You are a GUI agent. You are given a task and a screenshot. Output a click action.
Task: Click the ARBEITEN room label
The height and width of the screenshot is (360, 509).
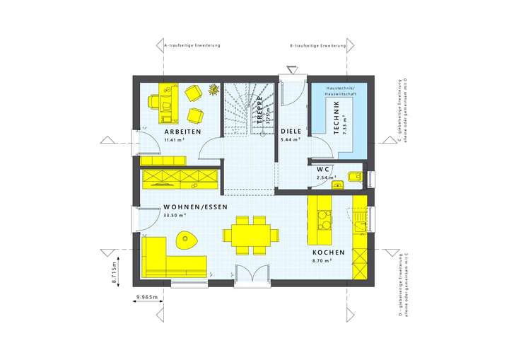[183, 132]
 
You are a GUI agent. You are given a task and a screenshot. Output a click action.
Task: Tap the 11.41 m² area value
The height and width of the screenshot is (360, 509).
[175, 141]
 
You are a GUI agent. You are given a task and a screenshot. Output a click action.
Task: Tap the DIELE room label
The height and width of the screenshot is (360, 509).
[291, 132]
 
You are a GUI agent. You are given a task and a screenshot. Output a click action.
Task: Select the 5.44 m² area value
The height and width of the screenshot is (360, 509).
[291, 141]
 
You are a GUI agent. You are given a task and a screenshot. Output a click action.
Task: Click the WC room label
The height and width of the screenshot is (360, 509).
[324, 170]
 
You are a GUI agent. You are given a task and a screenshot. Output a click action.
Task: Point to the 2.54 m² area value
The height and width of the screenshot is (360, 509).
[326, 178]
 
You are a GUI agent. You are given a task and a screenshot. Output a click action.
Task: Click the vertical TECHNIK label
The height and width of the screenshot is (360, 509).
[336, 114]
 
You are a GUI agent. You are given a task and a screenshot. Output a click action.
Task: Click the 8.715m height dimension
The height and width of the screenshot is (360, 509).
[115, 272]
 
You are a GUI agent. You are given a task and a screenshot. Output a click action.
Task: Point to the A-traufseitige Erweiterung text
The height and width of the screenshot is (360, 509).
[192, 45]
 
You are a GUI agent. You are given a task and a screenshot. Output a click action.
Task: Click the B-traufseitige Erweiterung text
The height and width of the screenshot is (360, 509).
[317, 45]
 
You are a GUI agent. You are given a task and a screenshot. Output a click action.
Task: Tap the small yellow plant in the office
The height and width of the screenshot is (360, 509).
[213, 89]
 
